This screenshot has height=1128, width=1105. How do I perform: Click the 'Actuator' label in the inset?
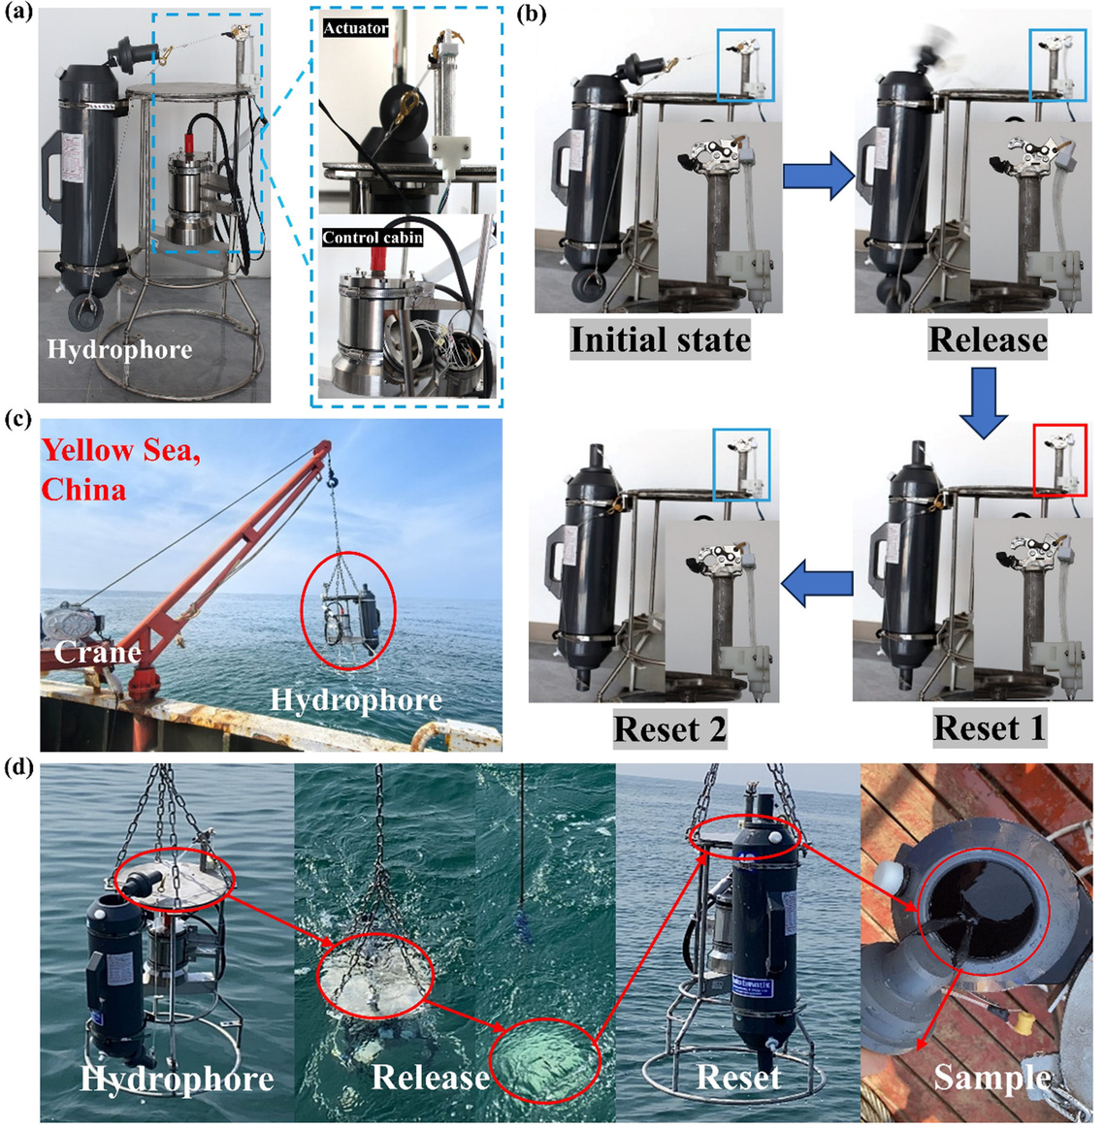click(x=356, y=28)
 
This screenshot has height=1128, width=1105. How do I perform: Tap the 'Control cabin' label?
click(x=373, y=237)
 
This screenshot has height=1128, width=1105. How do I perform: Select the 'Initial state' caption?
click(x=660, y=340)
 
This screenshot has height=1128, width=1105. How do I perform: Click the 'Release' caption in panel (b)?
click(x=987, y=339)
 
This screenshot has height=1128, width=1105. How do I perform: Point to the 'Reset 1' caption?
click(x=990, y=727)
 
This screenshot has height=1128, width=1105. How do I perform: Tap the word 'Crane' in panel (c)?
click(x=97, y=651)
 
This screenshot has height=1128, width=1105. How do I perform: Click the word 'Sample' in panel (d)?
click(x=991, y=1077)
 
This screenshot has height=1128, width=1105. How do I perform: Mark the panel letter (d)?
click(x=17, y=768)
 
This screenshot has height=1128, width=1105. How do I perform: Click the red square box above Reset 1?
click(x=1060, y=460)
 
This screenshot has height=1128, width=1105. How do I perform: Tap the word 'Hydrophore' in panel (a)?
click(x=119, y=350)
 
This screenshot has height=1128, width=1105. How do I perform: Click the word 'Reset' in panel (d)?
click(x=738, y=1077)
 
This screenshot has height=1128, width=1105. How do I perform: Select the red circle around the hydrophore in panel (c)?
click(x=349, y=614)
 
